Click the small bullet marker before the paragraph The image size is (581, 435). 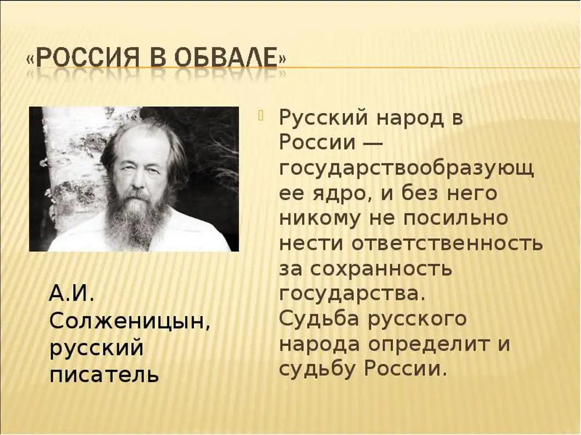click(261, 116)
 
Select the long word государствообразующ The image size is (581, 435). click(407, 169)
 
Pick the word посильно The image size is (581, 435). click(456, 217)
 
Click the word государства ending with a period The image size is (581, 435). click(352, 295)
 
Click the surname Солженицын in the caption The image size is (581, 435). click(130, 322)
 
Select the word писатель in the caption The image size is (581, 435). click(105, 374)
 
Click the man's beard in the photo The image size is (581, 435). click(135, 216)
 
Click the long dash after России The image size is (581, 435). click(371, 143)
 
